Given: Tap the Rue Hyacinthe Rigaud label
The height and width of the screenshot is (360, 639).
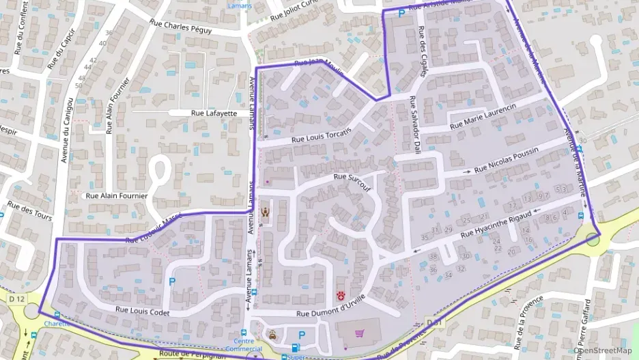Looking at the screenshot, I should pos(495,225).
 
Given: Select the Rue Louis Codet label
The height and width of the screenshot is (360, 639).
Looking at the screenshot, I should pos(142,311).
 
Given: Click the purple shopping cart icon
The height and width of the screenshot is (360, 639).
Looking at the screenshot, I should pos(359,333).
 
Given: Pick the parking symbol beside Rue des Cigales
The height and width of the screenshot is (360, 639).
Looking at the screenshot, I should pos(401,13).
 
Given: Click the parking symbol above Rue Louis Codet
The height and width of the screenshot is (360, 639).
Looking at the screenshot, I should pos(171,281).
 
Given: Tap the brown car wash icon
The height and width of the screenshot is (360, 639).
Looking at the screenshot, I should pos(272,334).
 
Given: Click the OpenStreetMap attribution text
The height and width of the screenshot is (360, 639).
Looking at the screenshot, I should pos(605,350).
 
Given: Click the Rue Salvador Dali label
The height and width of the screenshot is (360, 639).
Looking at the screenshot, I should pos(414,123).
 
